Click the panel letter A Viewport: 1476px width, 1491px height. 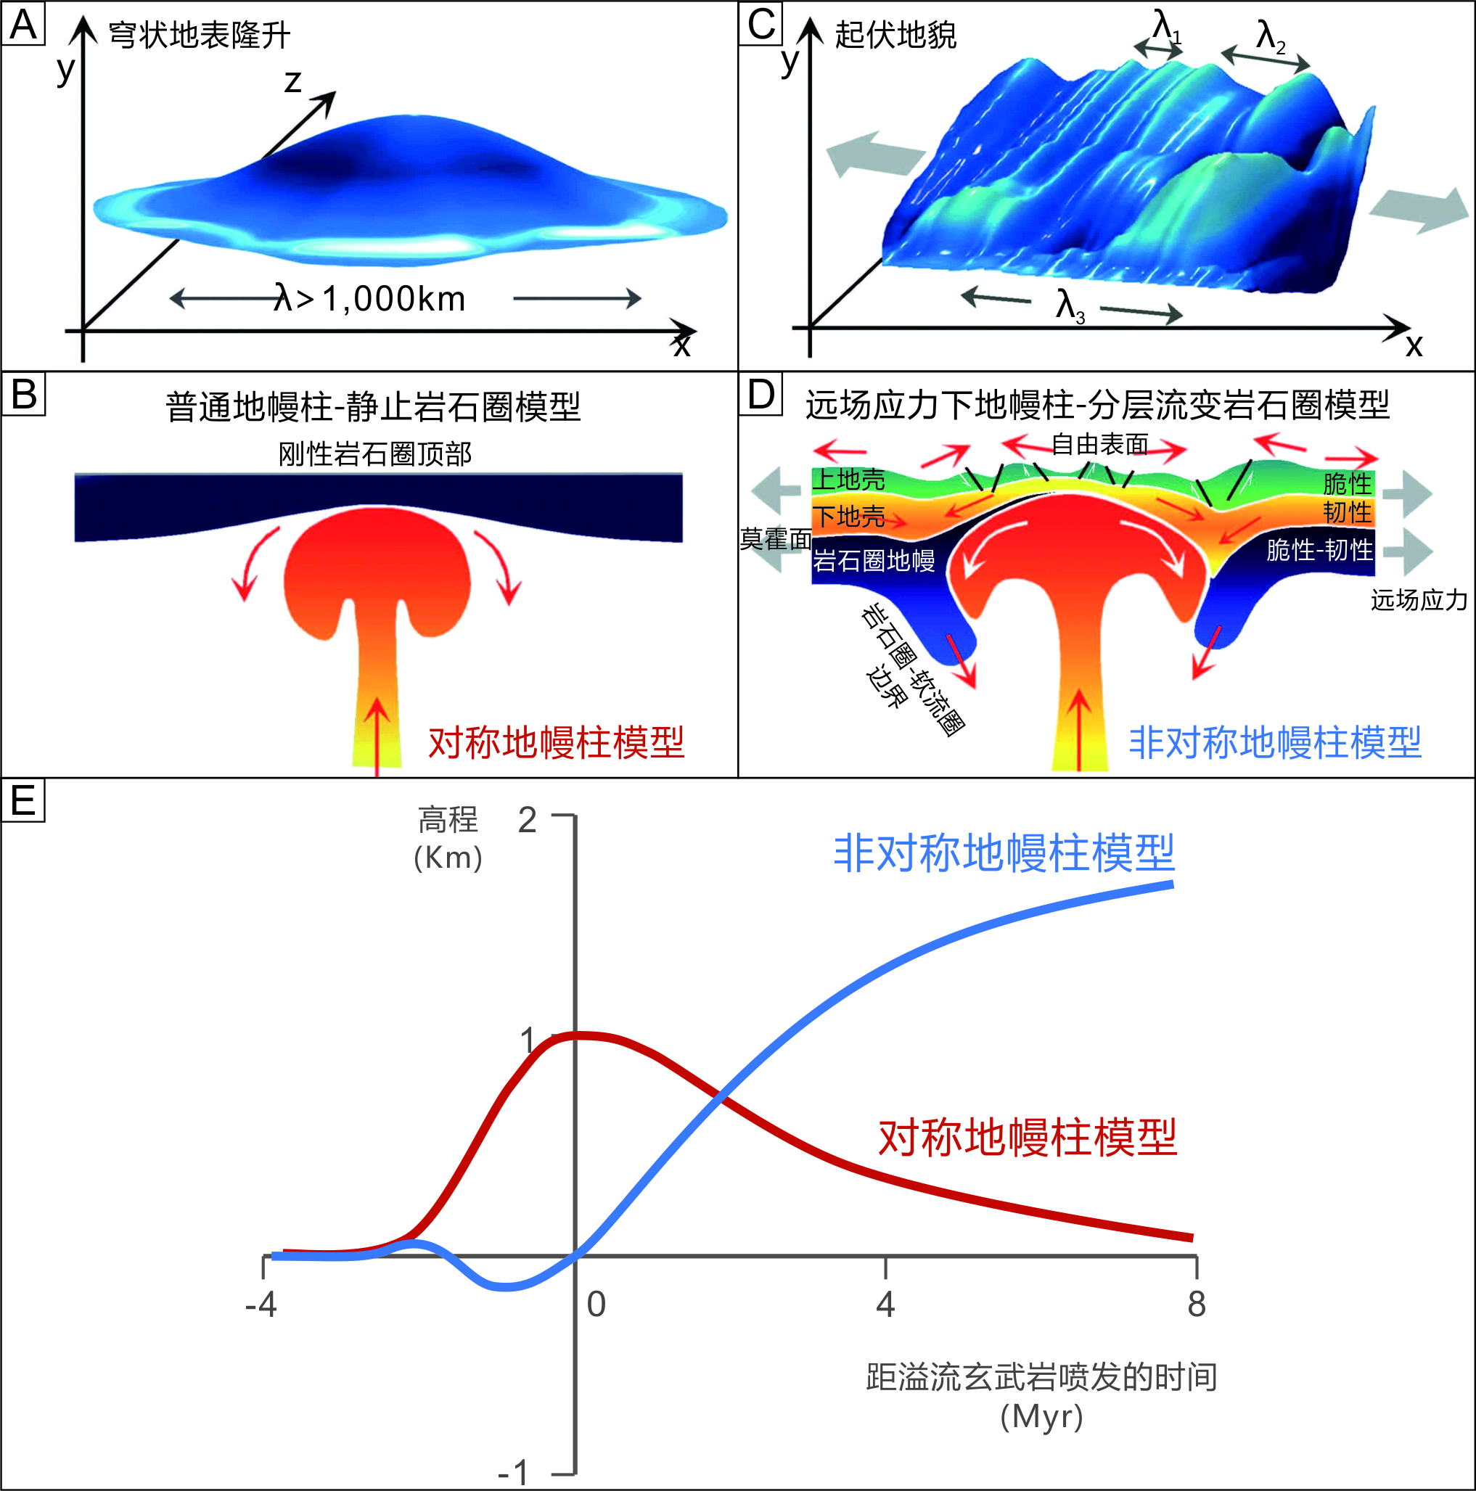pyautogui.click(x=23, y=25)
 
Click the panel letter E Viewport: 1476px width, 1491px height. pyautogui.click(x=23, y=800)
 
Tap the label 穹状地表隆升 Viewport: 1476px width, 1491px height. pyautogui.click(x=199, y=36)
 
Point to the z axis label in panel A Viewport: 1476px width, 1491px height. pyautogui.click(x=292, y=82)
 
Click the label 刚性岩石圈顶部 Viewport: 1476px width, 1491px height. pyautogui.click(x=375, y=453)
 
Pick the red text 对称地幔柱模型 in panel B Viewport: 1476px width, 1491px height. pyautogui.click(x=556, y=742)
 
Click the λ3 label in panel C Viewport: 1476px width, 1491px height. pyautogui.click(x=1070, y=305)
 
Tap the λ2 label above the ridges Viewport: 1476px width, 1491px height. pyautogui.click(x=1271, y=36)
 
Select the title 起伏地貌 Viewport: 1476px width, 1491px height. pyautogui.click(x=895, y=36)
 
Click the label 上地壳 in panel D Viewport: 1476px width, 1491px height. pyautogui.click(x=849, y=480)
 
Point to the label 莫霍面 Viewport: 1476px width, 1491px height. pyautogui.click(x=775, y=538)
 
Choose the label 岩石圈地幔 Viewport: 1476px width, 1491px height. pyautogui.click(x=874, y=560)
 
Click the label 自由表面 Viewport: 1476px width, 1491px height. pyautogui.click(x=1100, y=445)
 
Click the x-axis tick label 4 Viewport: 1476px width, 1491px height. pyautogui.click(x=885, y=1305)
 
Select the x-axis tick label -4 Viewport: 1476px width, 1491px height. pyautogui.click(x=261, y=1305)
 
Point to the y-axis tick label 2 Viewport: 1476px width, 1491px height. pyautogui.click(x=528, y=821)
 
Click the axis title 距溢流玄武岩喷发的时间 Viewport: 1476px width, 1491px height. pyautogui.click(x=1041, y=1377)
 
